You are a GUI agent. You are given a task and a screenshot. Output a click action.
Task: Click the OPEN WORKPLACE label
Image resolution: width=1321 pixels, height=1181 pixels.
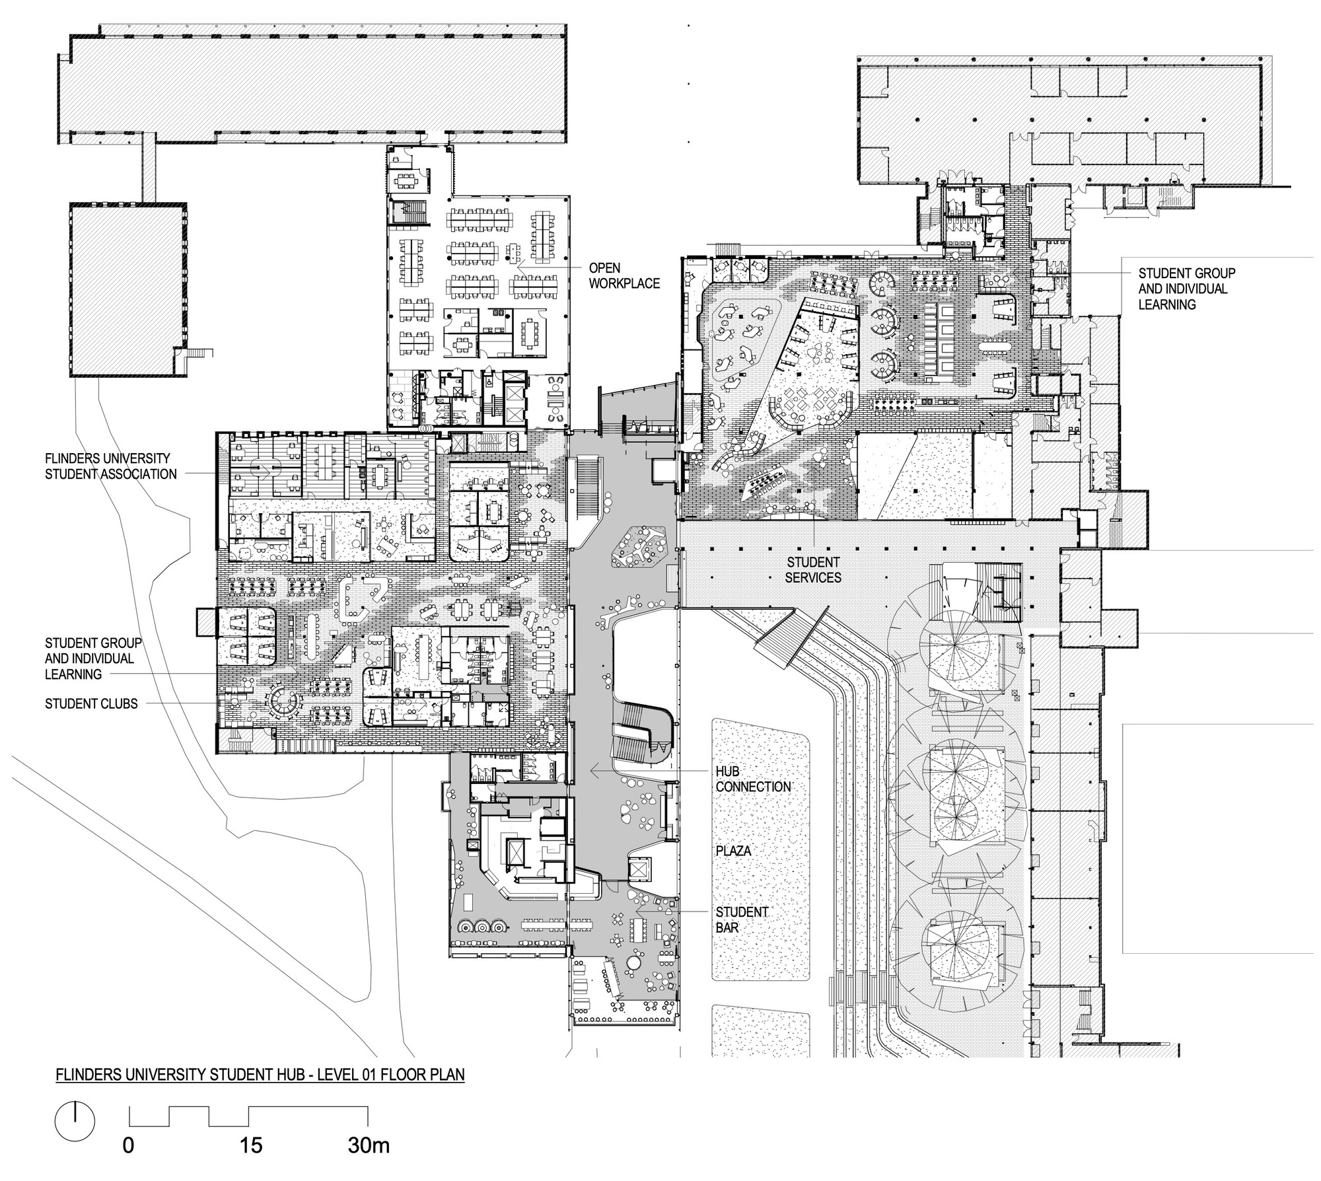tap(624, 275)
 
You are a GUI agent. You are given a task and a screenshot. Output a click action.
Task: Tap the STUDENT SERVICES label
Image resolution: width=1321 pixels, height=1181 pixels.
tap(813, 569)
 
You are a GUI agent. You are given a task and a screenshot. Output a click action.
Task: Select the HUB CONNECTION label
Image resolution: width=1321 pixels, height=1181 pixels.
tap(753, 779)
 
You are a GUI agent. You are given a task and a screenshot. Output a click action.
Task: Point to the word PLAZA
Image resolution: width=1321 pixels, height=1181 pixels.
tap(733, 851)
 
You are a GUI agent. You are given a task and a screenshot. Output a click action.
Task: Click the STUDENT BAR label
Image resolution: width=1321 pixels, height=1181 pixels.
tap(741, 919)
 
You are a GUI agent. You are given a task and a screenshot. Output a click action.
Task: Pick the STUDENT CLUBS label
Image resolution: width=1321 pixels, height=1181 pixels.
tap(91, 703)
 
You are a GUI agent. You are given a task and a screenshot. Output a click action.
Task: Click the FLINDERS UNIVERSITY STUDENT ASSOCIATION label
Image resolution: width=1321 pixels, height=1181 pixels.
tap(110, 466)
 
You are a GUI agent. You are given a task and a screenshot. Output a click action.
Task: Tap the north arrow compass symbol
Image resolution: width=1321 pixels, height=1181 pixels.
tap(75, 1122)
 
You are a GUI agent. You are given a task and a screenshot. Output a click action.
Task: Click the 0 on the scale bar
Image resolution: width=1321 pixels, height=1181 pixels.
tap(128, 1163)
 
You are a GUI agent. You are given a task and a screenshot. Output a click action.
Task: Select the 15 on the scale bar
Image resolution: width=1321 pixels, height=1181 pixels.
tap(251, 1163)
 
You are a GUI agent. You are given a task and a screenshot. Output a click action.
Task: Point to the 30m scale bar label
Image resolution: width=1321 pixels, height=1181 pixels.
tap(368, 1163)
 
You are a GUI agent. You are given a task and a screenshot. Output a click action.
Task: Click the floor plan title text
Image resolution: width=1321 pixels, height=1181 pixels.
tap(260, 1075)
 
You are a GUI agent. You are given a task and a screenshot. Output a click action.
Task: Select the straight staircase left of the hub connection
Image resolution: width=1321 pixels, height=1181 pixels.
tap(587, 485)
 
